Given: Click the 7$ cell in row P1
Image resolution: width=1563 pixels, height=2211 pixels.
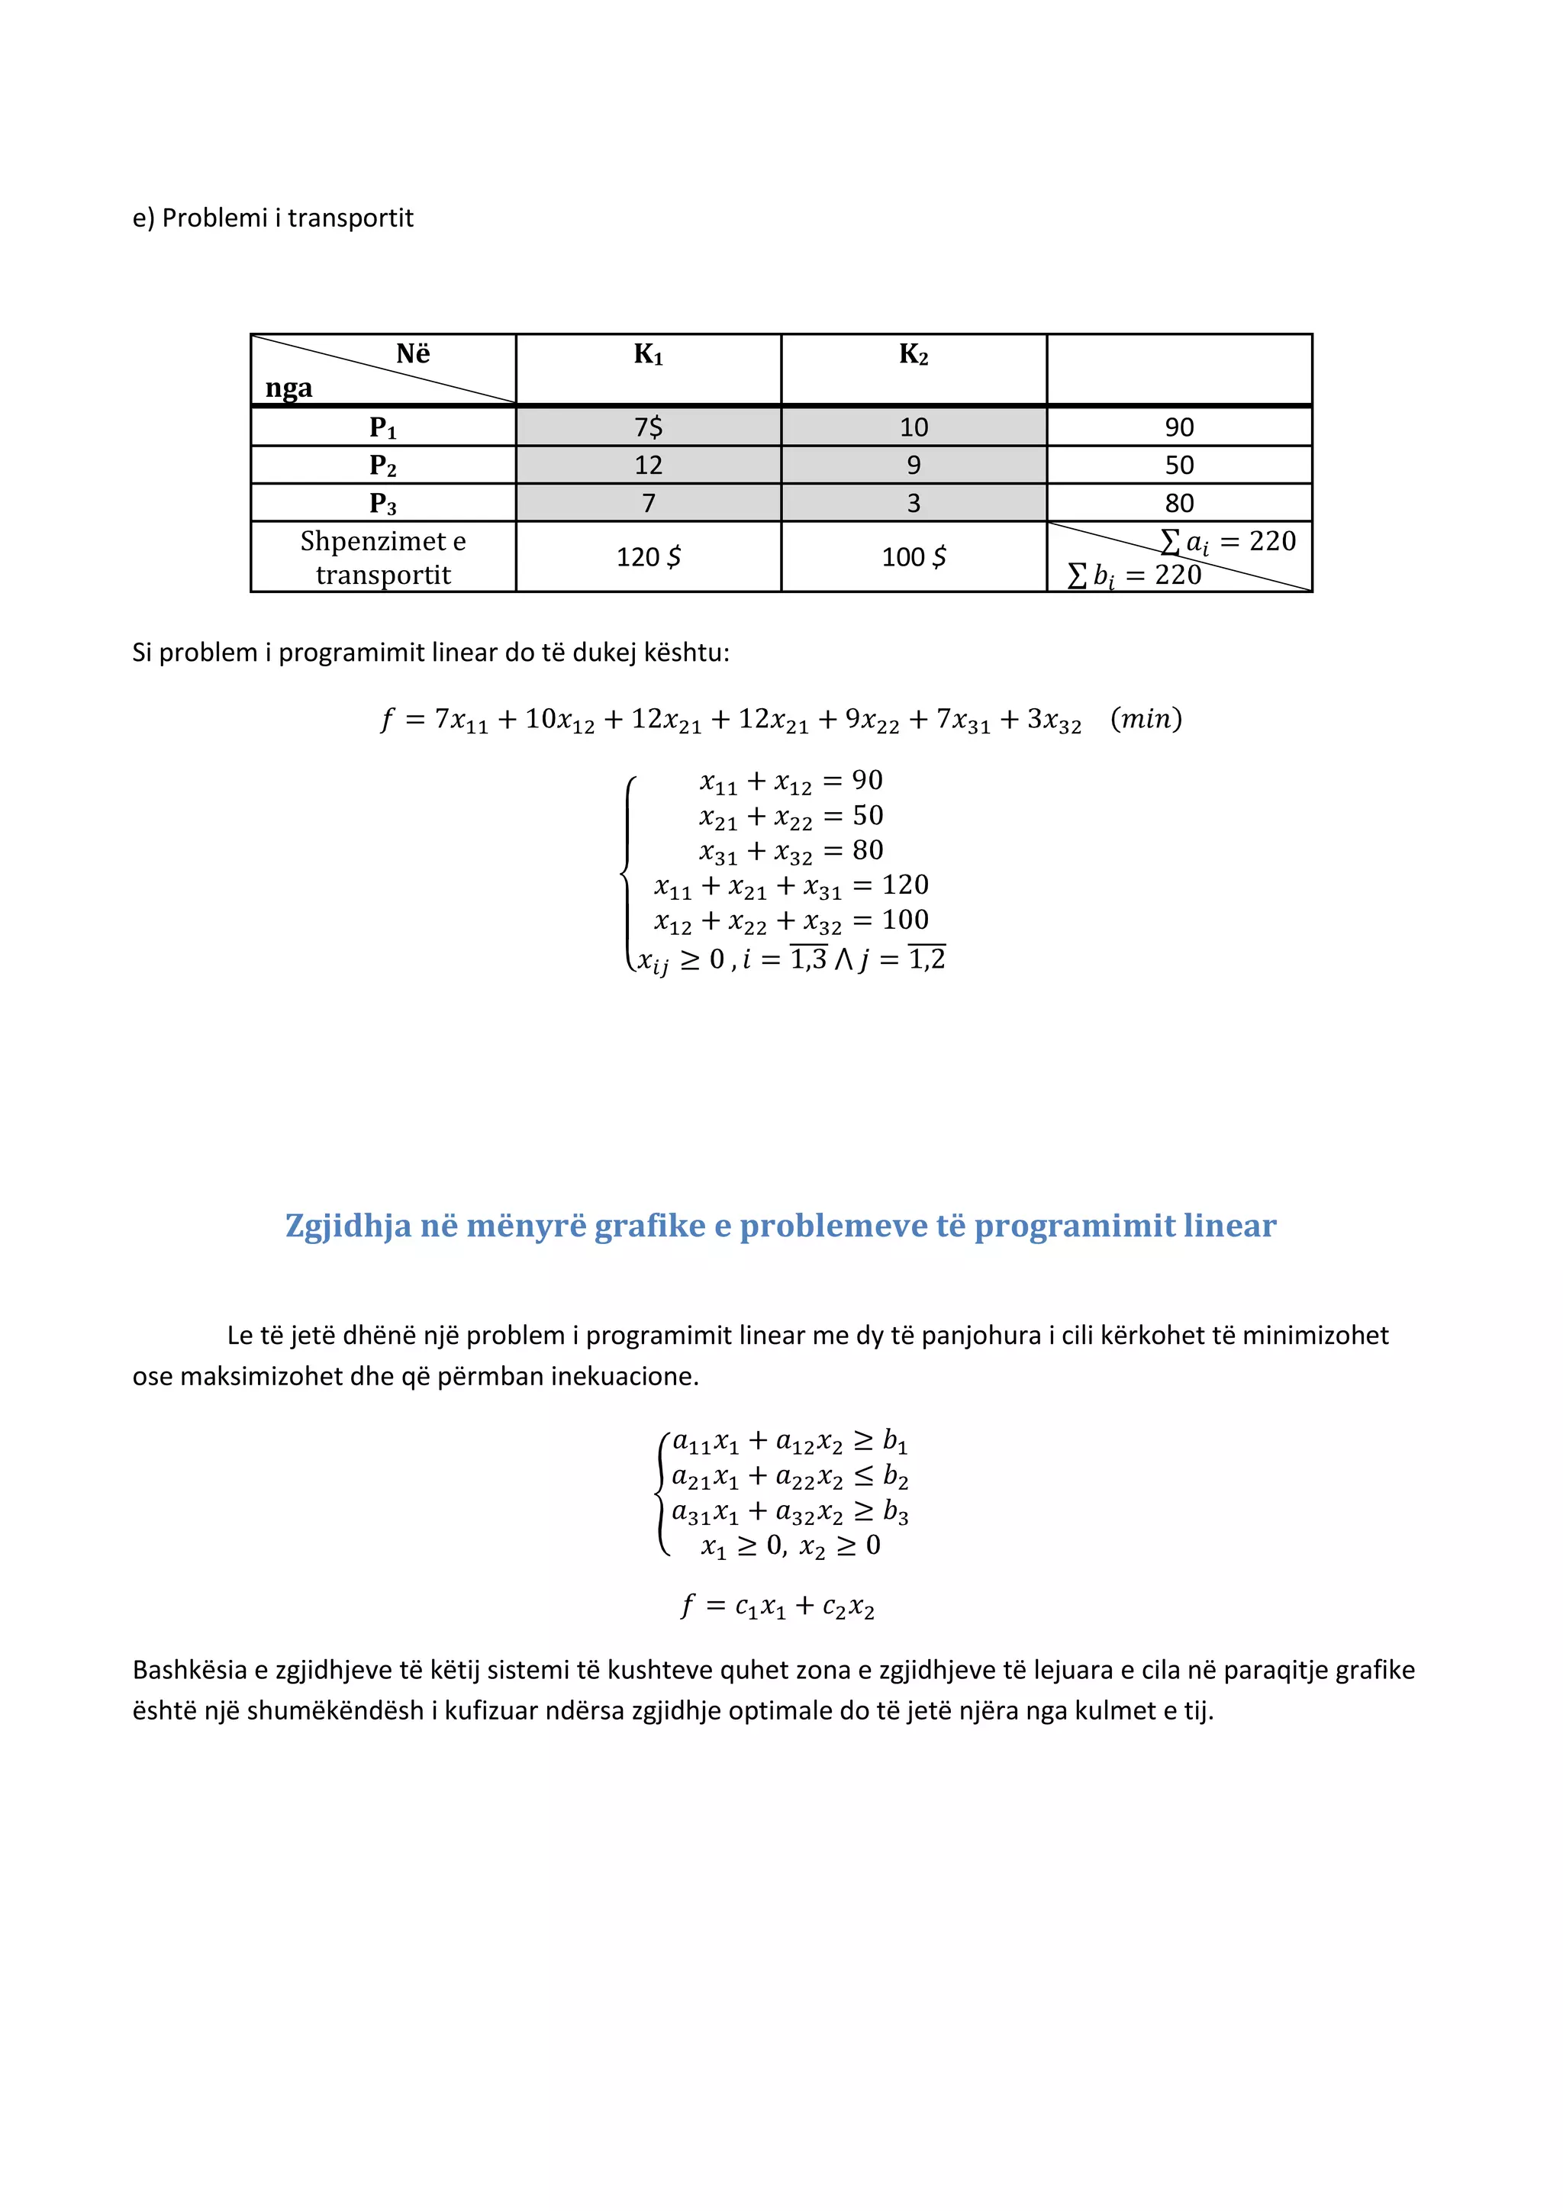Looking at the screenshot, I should pyautogui.click(x=648, y=427).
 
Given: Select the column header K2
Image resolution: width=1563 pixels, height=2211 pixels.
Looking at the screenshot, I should pyautogui.click(x=913, y=354).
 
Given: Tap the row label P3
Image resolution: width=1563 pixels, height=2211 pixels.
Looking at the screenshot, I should pyautogui.click(x=382, y=503).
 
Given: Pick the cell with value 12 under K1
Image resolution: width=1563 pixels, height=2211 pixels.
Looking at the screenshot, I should pyautogui.click(x=648, y=465).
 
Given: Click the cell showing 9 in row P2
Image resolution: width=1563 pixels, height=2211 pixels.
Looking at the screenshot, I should pyautogui.click(x=913, y=465).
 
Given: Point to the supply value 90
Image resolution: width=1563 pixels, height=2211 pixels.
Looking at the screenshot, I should pyautogui.click(x=1179, y=427).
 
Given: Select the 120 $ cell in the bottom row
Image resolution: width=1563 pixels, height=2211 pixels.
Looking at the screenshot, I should pyautogui.click(x=648, y=556).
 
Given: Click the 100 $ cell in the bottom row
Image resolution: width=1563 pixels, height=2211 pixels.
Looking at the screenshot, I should pyautogui.click(x=913, y=556).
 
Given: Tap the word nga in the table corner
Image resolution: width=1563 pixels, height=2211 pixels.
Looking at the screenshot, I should pyautogui.click(x=289, y=388).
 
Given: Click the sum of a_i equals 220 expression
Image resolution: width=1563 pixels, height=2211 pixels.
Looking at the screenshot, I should pyautogui.click(x=1228, y=541).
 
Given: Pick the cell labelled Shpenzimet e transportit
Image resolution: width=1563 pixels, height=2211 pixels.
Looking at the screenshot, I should pyautogui.click(x=382, y=556).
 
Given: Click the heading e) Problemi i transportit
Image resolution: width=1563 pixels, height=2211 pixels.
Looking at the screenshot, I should pyautogui.click(x=272, y=218).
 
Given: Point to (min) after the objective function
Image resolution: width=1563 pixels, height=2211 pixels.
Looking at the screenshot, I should pyautogui.click(x=1146, y=718).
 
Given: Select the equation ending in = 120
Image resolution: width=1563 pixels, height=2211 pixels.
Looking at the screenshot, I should pyautogui.click(x=791, y=886).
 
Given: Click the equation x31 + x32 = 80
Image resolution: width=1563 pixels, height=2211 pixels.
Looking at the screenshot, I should pyautogui.click(x=791, y=851).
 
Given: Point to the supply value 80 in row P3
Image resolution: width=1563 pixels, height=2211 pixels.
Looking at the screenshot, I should pyautogui.click(x=1179, y=503).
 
